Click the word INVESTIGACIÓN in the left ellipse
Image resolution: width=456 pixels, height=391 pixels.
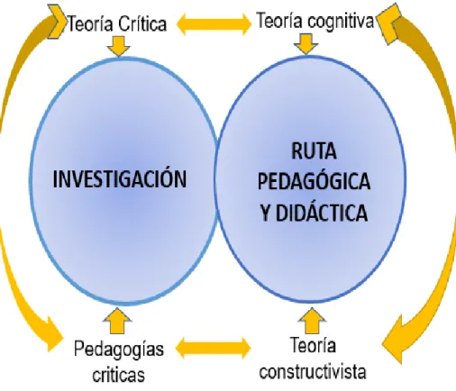[x=120, y=178]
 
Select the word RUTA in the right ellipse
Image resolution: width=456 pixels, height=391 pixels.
[x=314, y=150]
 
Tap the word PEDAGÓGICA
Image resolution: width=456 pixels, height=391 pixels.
[x=314, y=181]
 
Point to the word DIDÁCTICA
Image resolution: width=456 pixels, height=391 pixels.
[x=322, y=212]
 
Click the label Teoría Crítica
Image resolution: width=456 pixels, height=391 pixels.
[x=117, y=23]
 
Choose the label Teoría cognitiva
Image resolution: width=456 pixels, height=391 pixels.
[x=315, y=21]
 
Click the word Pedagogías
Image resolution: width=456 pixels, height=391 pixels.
[x=119, y=350]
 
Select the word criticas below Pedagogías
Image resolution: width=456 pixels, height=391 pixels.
[x=118, y=374]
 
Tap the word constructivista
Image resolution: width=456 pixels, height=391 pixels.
[x=313, y=371]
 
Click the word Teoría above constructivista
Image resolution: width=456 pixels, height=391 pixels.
[x=313, y=345]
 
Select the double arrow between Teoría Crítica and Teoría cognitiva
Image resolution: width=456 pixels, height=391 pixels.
[x=214, y=23]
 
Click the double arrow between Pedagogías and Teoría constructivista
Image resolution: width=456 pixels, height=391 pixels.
[x=213, y=348]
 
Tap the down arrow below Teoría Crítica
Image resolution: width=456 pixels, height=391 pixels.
[x=118, y=46]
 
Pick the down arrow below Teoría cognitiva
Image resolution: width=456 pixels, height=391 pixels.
[x=306, y=43]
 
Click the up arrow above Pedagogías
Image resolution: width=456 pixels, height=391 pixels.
[x=117, y=321]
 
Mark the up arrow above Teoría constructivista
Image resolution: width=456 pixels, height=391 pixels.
[x=312, y=321]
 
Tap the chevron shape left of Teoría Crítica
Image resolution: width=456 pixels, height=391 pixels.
[x=57, y=22]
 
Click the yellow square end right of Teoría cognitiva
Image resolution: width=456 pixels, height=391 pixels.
[x=389, y=23]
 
